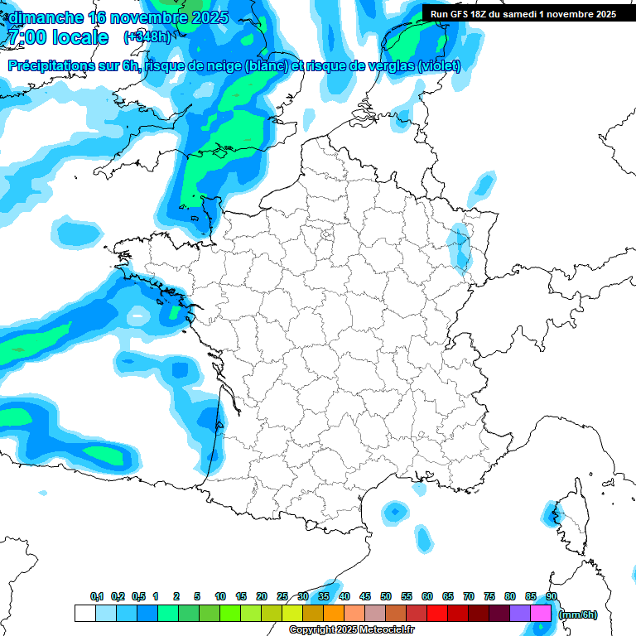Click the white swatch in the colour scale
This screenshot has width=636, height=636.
pos(84,613)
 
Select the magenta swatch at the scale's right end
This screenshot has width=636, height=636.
pos(541,613)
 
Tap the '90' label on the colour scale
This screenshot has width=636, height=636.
pos(551,596)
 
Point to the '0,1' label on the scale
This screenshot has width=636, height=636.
pos(97,596)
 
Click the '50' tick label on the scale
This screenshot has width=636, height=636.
pos(386,596)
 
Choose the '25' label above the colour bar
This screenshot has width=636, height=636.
pos(282,596)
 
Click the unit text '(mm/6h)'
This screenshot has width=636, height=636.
pos(577,614)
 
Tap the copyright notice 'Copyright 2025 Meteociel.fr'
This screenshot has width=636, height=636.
pos(351,630)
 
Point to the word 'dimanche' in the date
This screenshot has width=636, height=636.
pos(46,17)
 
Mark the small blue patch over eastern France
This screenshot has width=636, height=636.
pos(458,246)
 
